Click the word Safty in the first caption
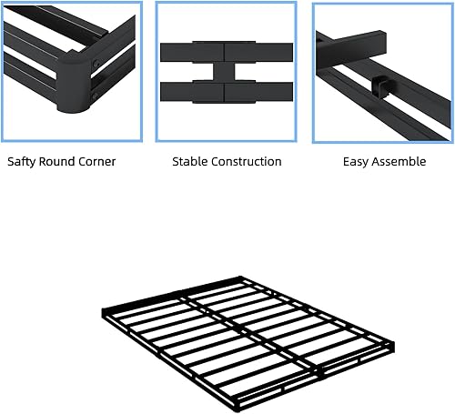coord(24,162)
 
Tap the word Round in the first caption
coord(62,162)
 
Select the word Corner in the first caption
coord(98,162)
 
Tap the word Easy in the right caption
coord(357,162)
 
